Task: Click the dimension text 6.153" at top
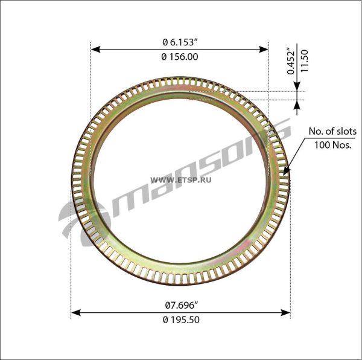pyautogui.click(x=184, y=42)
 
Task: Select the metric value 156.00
pyautogui.click(x=184, y=57)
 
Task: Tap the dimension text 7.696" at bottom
pyautogui.click(x=182, y=306)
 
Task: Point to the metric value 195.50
pyautogui.click(x=184, y=320)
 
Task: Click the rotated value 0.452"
pyautogui.click(x=291, y=61)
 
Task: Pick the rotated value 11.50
pyautogui.click(x=305, y=61)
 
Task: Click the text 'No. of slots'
pyautogui.click(x=332, y=131)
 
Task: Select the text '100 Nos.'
pyautogui.click(x=332, y=145)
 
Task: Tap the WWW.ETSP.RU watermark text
pyautogui.click(x=181, y=180)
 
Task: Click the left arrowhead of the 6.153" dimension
pyautogui.click(x=95, y=49)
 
